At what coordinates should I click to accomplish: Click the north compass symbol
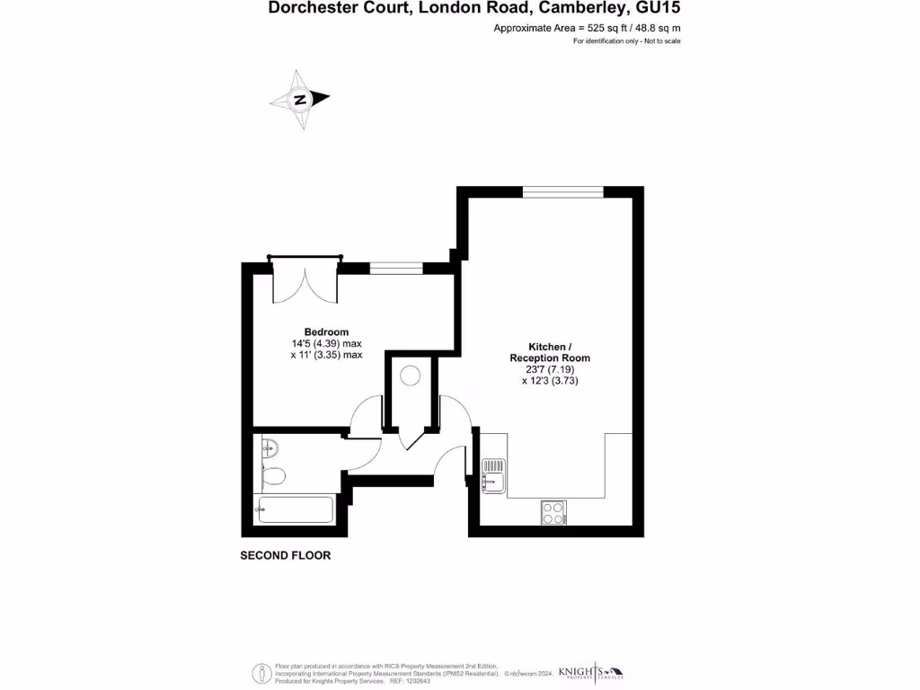click(301, 99)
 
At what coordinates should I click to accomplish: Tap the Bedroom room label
click(326, 332)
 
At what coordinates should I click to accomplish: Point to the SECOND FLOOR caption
click(285, 555)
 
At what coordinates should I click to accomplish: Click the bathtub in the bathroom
click(296, 509)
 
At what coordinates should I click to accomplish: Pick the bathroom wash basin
click(269, 447)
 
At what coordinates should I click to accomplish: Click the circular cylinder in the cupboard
click(410, 376)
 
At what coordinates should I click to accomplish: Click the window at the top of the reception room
click(563, 191)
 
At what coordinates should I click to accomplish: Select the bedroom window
click(396, 267)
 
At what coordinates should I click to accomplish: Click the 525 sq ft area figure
click(593, 28)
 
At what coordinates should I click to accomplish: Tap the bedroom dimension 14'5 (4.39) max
click(326, 343)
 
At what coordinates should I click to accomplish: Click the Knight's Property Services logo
click(590, 672)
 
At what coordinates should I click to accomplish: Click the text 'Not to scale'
click(660, 41)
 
